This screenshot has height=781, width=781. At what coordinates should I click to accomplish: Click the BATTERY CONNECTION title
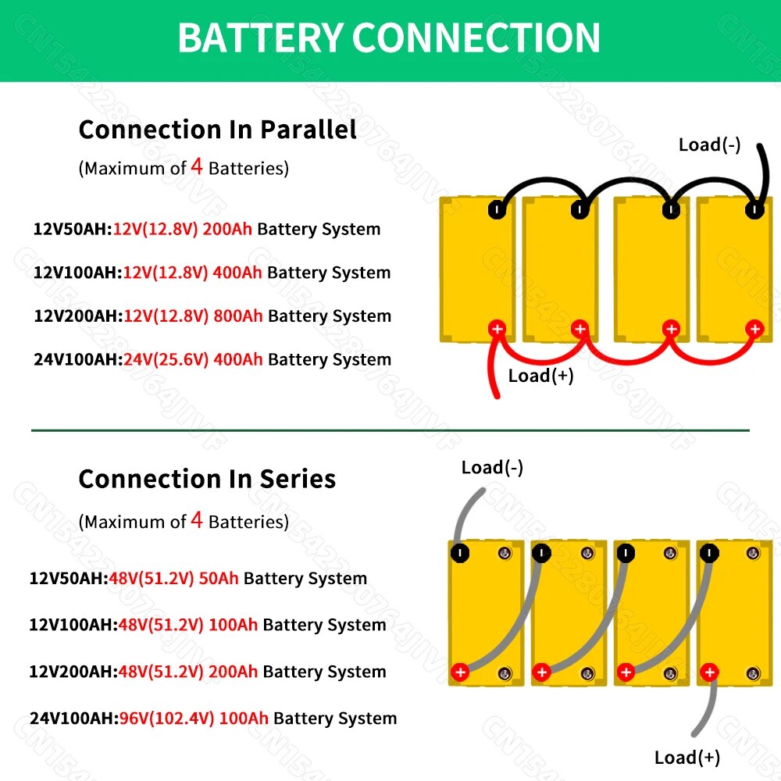[389, 37]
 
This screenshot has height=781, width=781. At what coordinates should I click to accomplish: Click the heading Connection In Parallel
[217, 130]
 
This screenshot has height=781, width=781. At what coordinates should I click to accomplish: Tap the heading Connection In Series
[207, 479]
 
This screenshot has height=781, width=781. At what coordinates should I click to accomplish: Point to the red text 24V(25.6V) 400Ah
[193, 360]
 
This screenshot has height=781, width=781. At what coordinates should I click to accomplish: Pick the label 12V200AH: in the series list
[71, 672]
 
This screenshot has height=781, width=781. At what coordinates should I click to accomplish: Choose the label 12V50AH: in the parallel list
[72, 230]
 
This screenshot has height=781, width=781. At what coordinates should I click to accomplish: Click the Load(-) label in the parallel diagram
[709, 144]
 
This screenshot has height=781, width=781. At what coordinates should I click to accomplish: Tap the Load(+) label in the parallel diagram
[540, 376]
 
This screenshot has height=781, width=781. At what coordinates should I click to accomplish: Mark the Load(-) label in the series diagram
[492, 468]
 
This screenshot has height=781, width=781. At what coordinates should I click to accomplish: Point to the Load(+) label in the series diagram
[687, 758]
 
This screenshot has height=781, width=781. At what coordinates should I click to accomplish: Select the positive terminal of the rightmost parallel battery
[754, 329]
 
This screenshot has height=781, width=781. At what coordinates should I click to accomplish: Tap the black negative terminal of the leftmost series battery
[461, 554]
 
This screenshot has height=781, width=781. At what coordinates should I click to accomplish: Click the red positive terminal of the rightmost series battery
[709, 672]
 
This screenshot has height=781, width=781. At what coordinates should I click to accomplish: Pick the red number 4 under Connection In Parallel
[198, 166]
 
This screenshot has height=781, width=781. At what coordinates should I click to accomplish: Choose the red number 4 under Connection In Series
[197, 520]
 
